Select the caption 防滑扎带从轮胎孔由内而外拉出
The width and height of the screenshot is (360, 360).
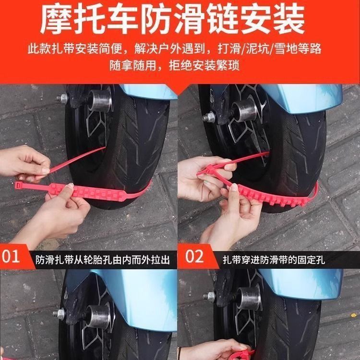pos(103,260)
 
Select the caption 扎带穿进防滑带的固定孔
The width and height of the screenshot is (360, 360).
pos(274,260)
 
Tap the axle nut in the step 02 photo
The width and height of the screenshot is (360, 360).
pos(209,118)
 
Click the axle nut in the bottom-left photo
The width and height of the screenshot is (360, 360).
pos(59,314)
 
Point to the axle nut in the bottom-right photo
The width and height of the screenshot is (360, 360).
pos(209,297)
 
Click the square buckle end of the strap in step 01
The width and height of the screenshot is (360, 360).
pos(18,185)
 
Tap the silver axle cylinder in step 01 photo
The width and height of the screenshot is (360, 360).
pos(100,101)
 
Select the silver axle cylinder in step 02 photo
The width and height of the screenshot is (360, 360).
pos(244,111)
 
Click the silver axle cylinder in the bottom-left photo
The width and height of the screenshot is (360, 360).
pos(98,317)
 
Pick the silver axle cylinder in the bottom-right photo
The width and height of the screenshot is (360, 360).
pos(249,298)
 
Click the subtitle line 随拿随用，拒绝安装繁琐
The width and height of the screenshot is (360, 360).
pos(175,66)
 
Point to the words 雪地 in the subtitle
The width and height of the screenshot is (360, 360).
pos(286,49)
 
